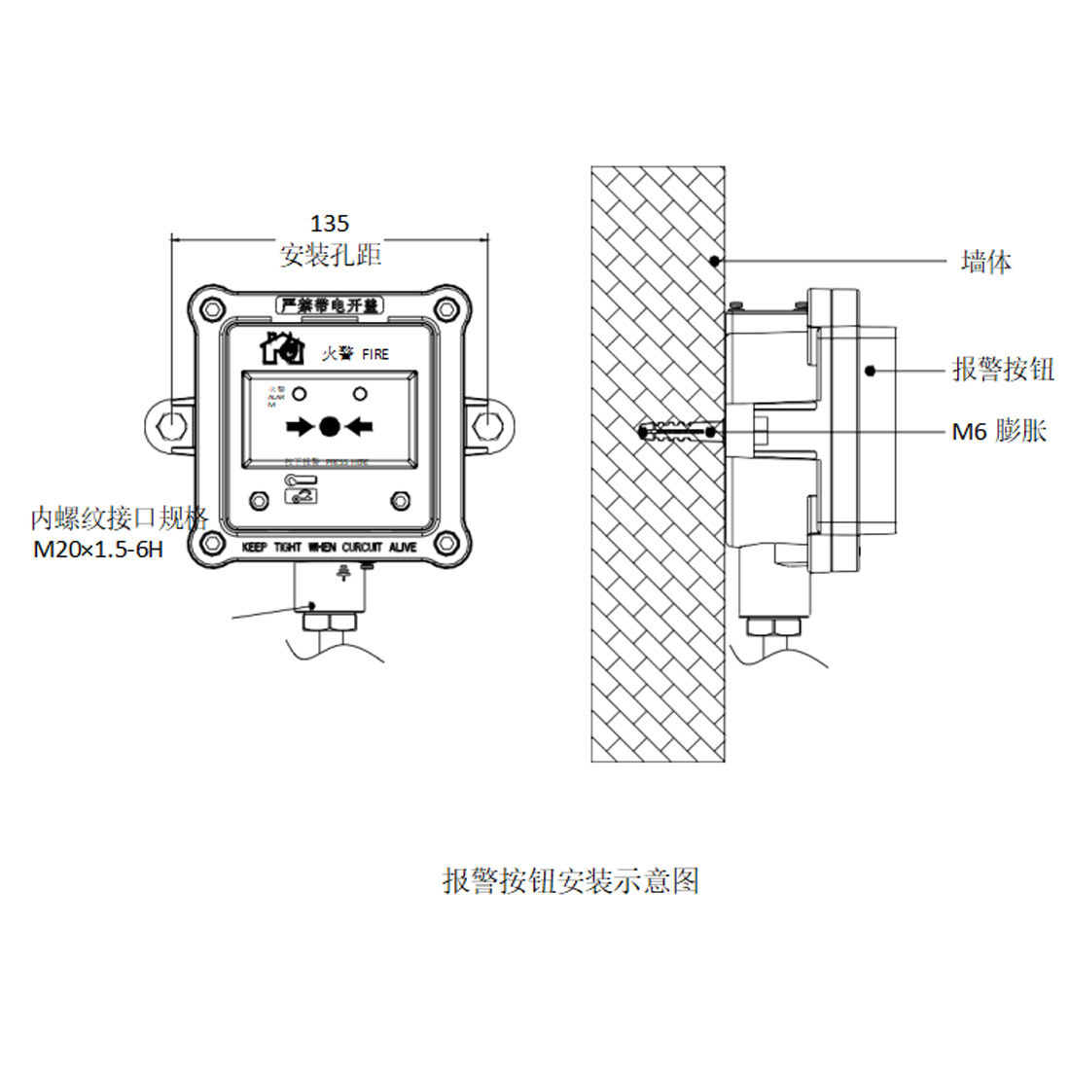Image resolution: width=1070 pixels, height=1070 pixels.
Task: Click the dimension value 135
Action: [x=329, y=225]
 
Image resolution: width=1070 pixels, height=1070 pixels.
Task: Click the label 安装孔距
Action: [x=330, y=256]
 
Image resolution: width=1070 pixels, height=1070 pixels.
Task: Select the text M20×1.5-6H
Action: [x=98, y=550]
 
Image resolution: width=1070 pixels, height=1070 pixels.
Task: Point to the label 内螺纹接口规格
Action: [x=119, y=517]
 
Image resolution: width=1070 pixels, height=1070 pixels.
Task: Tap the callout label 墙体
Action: [x=985, y=262]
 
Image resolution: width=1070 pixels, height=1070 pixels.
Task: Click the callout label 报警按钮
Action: [x=1002, y=369]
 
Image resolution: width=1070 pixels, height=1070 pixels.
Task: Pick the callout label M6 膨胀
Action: [x=998, y=432]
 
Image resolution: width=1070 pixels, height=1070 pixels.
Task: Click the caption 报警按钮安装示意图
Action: [x=571, y=880]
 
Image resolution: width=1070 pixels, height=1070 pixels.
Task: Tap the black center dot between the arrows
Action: [x=329, y=425]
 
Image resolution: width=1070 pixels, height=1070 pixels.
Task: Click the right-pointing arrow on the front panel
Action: [x=301, y=425]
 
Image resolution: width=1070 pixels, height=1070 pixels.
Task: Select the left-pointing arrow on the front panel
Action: [x=359, y=425]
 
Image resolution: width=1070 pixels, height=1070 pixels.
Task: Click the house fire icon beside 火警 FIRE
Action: [x=282, y=348]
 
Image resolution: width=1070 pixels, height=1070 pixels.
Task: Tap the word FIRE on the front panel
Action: [x=374, y=355]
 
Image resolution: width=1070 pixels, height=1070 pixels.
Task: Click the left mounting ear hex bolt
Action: [x=167, y=425]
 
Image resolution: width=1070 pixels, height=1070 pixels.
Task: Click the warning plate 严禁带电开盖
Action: [x=329, y=305]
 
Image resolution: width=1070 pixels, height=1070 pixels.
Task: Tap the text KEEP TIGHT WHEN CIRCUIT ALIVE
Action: [x=329, y=548]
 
